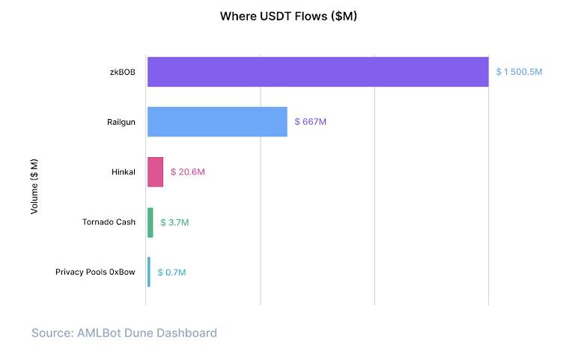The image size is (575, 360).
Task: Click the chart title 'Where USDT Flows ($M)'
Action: pos(287,16)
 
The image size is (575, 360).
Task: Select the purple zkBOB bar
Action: pos(317,72)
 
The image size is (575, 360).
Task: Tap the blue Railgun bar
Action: pos(217,121)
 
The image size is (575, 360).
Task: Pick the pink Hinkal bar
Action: pos(155,172)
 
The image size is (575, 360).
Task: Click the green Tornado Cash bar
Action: pos(150,222)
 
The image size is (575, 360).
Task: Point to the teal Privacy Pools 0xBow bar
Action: pos(149,272)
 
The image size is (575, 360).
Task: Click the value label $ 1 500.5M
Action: pos(519,72)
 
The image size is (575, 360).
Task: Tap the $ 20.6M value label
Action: pos(187,172)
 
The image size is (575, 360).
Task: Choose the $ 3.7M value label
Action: pos(174,222)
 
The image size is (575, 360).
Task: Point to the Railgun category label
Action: pos(121,122)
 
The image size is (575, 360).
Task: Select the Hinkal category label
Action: pos(123,172)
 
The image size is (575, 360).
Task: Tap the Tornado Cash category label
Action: pos(109,222)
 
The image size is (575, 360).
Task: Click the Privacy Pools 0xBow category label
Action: pos(95,272)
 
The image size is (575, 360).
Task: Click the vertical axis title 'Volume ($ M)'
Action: pos(34,186)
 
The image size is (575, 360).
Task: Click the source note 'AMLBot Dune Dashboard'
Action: pos(147,332)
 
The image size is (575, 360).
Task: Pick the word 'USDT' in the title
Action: pos(273,16)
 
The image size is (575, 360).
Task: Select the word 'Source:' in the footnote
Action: pos(52,332)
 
